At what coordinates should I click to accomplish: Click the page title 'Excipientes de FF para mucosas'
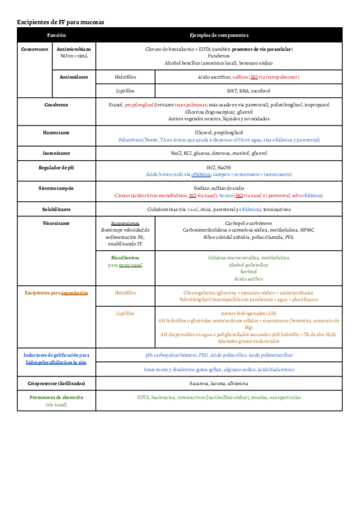pyautogui.click(x=61, y=22)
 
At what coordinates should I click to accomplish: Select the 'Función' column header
pyautogui.click(x=56, y=35)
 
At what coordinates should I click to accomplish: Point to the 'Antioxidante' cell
pyautogui.click(x=74, y=77)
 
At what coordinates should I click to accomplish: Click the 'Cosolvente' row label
pyautogui.click(x=56, y=104)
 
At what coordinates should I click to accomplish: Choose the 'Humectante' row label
pyautogui.click(x=56, y=131)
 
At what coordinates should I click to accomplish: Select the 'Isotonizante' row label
pyautogui.click(x=56, y=153)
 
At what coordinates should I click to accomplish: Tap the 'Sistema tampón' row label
pyautogui.click(x=56, y=188)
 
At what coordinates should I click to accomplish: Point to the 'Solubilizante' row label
pyautogui.click(x=56, y=209)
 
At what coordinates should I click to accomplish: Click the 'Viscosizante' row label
pyautogui.click(x=56, y=223)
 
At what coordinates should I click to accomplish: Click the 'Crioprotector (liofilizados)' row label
pyautogui.click(x=56, y=382)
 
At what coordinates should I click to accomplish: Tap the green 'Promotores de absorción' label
pyautogui.click(x=56, y=397)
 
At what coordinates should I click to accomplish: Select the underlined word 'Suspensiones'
pyautogui.click(x=125, y=223)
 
